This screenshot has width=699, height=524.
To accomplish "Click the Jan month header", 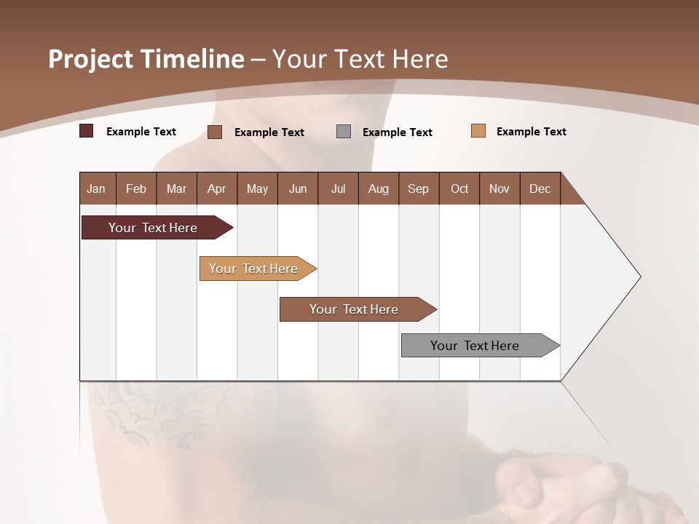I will point(97,188).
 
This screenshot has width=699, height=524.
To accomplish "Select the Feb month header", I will point(136,188).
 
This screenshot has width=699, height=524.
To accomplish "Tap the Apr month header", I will point(217,188).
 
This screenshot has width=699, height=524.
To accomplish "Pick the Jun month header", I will point(298,188).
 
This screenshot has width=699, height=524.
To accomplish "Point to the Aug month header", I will point(379,188).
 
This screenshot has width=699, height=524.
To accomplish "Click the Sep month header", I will point(419,188).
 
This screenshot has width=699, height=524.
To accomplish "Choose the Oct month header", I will point(459,188).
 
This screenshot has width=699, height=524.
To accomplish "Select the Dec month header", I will point(540,188).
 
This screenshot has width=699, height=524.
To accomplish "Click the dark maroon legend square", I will point(87,131).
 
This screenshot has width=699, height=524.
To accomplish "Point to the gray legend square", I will point(344,132).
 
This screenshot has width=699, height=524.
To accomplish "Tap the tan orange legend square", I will point(478,131).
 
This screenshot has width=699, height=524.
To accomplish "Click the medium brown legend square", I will point(215,132).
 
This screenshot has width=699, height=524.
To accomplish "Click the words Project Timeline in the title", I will point(146,59).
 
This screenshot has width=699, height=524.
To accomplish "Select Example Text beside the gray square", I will point(398,132).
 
